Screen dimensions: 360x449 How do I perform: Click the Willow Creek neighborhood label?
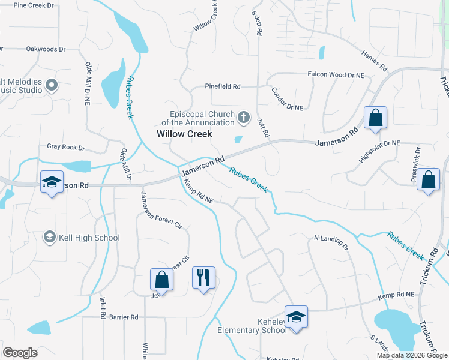tap(184, 134)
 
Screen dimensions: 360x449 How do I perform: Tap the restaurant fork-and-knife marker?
tap(203, 278)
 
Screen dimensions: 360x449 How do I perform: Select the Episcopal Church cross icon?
tap(244, 118)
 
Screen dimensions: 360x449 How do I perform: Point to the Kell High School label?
tap(89, 238)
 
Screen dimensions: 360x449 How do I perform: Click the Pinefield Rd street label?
tap(223, 86)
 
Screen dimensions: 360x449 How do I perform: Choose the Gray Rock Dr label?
tap(66, 147)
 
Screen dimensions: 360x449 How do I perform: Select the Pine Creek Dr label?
tap(34, 5)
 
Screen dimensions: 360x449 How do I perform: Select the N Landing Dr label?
tap(331, 241)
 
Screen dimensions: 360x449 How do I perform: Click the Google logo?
tap(20, 353)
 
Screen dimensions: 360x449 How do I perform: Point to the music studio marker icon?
tap(51, 86)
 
